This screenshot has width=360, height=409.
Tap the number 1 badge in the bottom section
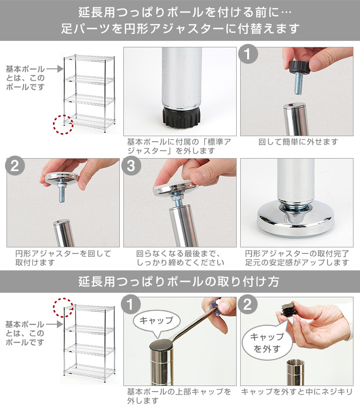[132, 305]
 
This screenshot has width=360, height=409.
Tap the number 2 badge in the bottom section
[249, 305]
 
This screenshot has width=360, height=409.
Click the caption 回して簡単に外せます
[298, 143]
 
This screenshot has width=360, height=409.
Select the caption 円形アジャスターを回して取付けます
[63, 258]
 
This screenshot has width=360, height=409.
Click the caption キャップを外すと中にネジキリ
[297, 392]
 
